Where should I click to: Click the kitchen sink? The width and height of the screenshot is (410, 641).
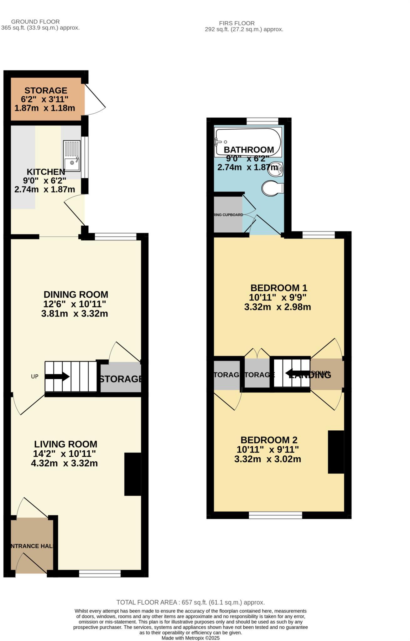(x=72, y=156)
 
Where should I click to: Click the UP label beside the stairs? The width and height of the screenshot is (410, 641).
(x=34, y=377)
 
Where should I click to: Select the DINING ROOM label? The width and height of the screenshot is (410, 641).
(x=76, y=295)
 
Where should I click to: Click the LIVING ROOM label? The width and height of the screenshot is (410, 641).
(x=66, y=444)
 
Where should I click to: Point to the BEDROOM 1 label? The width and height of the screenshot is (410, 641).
(x=279, y=288)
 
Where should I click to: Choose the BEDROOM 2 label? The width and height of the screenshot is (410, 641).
(x=269, y=440)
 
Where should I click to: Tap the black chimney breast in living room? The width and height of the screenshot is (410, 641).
(x=133, y=474)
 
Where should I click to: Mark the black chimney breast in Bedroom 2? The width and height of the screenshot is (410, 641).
(x=336, y=452)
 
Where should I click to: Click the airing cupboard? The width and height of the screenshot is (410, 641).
(x=228, y=215)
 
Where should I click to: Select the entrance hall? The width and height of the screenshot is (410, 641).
(x=31, y=546)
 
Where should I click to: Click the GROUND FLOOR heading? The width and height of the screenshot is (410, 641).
(x=35, y=22)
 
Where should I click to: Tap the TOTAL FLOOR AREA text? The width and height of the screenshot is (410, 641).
(x=190, y=602)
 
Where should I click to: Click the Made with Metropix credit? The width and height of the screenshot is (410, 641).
(x=190, y=638)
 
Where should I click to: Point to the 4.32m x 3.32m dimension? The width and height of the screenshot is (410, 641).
(x=64, y=463)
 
